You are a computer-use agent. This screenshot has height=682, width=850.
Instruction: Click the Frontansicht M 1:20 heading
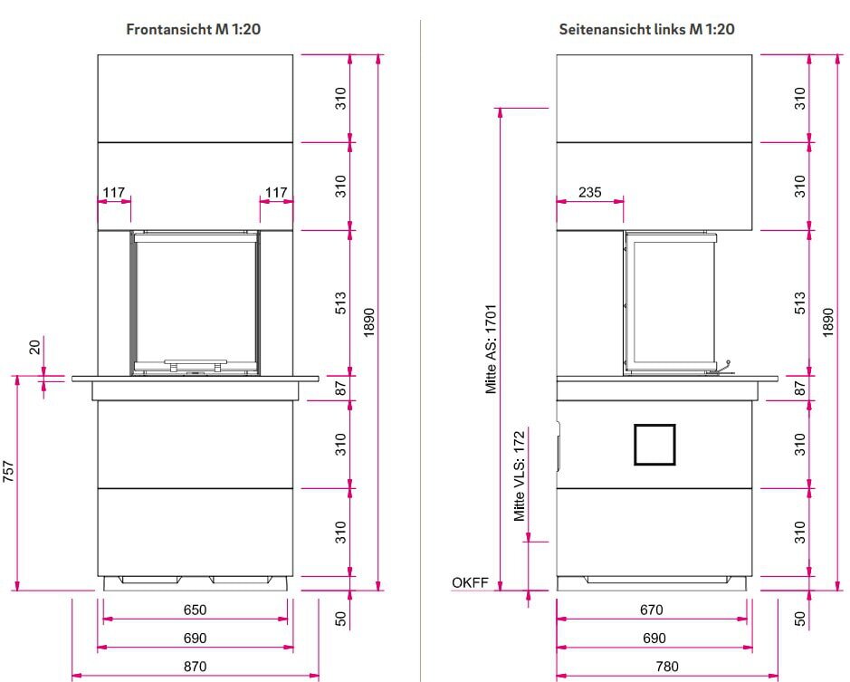point(194,29)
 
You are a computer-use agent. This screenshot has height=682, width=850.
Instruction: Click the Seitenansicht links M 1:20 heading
point(646,29)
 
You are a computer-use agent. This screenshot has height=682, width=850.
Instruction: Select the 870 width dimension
point(195,667)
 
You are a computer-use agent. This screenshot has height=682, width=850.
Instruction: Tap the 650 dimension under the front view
point(195,610)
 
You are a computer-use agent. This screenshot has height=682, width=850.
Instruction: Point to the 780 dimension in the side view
point(667,667)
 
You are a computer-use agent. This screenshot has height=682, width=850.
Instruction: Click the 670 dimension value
point(651,610)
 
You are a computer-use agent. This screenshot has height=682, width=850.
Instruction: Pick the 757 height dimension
point(8,471)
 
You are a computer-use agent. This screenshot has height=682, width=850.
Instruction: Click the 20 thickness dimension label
point(34,347)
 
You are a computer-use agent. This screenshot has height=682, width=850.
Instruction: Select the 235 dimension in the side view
point(590,192)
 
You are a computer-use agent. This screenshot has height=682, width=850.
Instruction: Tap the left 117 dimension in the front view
point(114,192)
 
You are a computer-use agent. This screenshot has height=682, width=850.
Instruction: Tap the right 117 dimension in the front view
point(276,192)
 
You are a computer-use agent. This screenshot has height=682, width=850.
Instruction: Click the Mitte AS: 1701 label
point(491,349)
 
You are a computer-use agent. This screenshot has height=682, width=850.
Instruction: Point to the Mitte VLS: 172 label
point(520,475)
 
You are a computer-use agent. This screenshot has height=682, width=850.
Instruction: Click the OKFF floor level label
point(470,582)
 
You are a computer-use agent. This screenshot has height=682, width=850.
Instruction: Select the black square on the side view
point(654,445)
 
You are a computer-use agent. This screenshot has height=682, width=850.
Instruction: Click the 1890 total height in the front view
point(369,322)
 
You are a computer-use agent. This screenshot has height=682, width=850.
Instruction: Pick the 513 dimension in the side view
point(799,303)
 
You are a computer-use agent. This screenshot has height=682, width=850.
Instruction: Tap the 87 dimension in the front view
point(340,388)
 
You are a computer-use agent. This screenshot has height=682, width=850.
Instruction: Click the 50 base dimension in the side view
point(799,619)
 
